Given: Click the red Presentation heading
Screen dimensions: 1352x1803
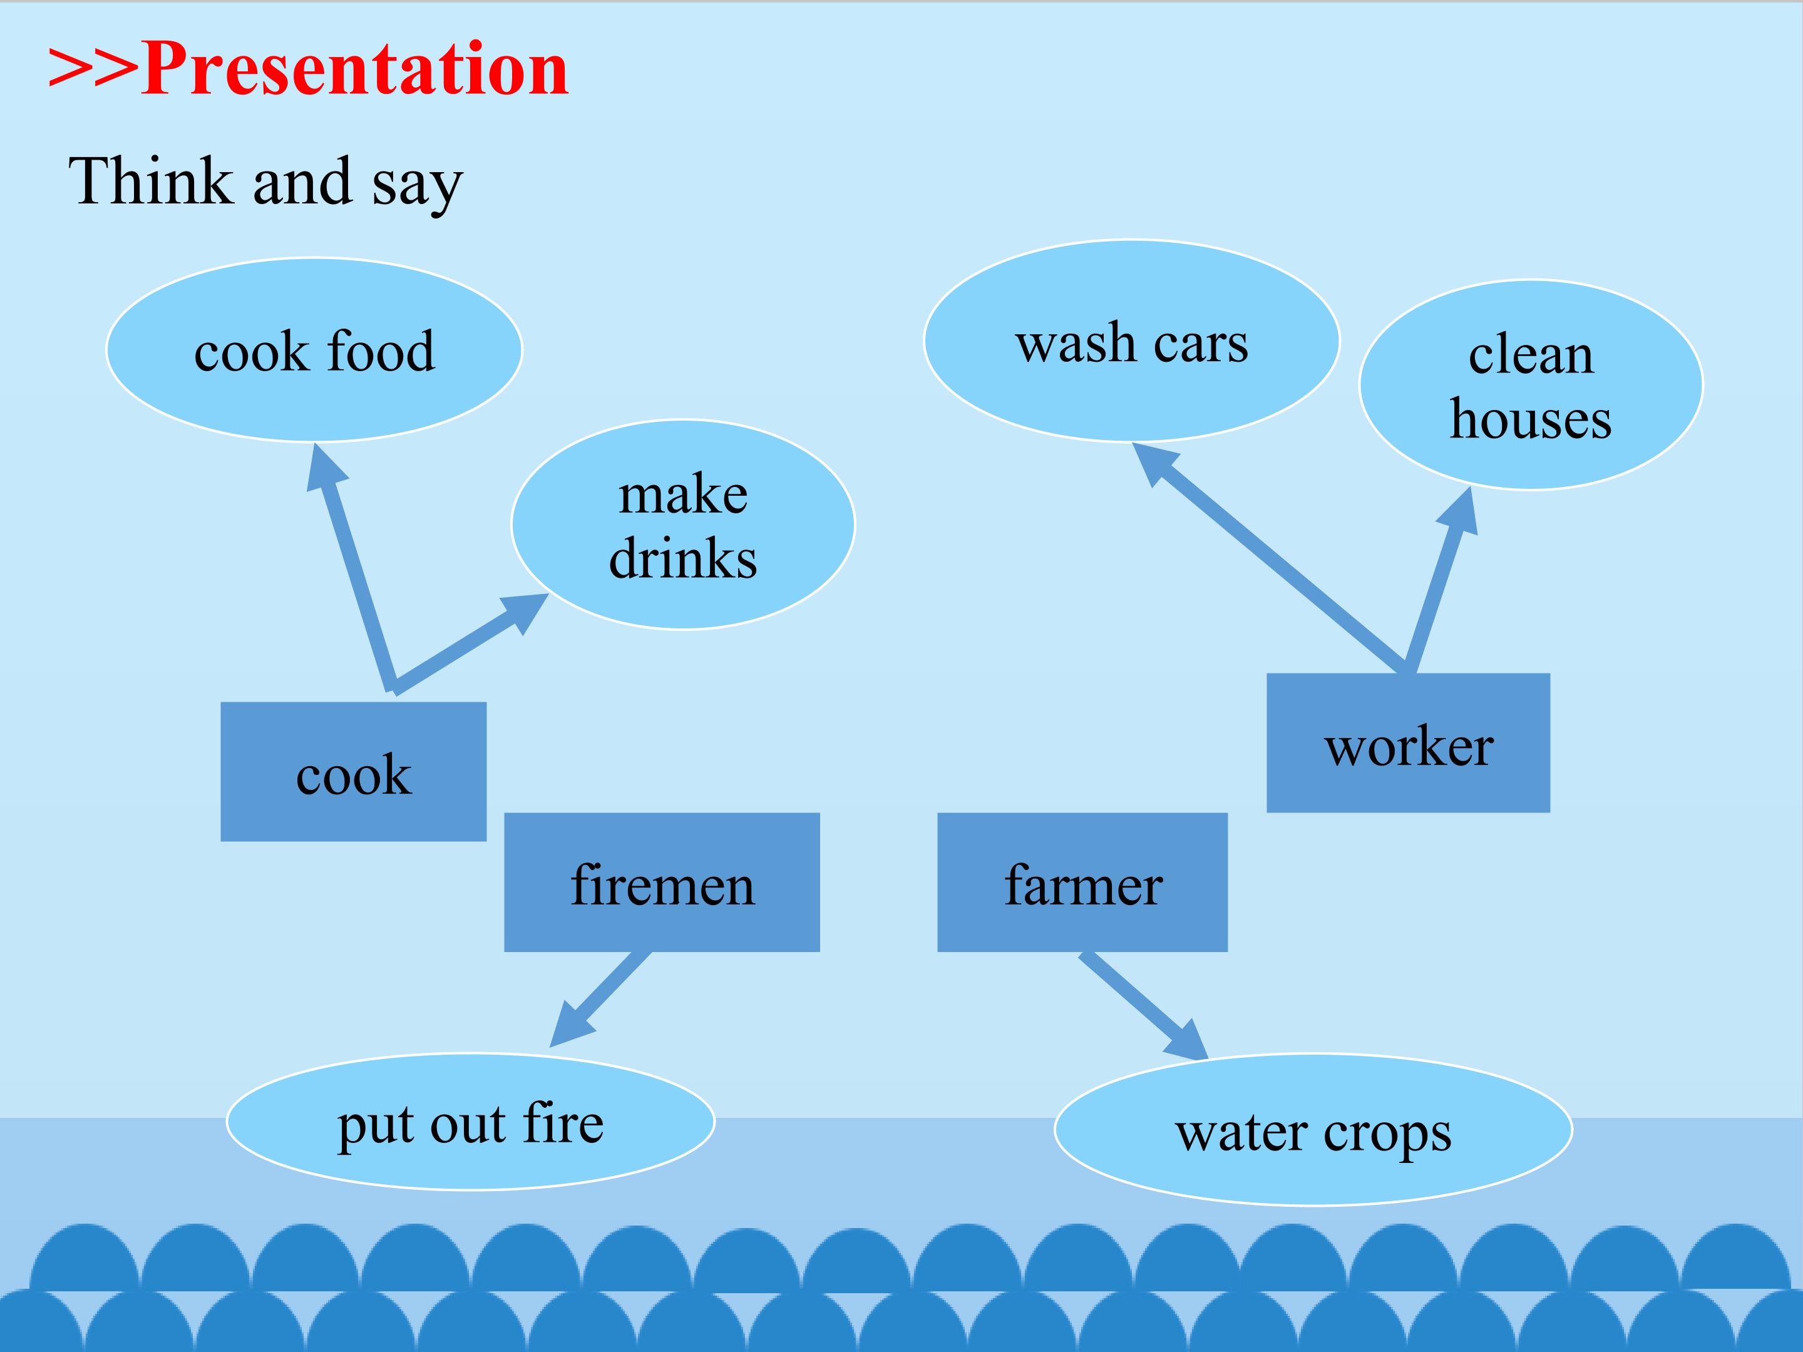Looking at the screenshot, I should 308,69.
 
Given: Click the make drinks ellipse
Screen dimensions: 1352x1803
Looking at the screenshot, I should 683,525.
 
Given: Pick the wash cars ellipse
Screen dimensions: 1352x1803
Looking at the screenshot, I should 1131,341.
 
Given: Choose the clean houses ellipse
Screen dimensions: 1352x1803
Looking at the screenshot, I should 1531,385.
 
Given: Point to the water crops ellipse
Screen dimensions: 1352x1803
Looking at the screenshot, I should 1313,1130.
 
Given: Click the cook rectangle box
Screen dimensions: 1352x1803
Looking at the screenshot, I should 354,772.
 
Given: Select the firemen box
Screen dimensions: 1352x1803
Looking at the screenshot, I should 662,883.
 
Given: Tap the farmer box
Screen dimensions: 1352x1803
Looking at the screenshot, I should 1082,883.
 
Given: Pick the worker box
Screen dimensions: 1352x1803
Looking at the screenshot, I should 1409,743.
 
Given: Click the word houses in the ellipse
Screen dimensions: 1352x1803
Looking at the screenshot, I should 1531,419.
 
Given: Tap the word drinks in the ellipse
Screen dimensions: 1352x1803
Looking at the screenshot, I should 683,559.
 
